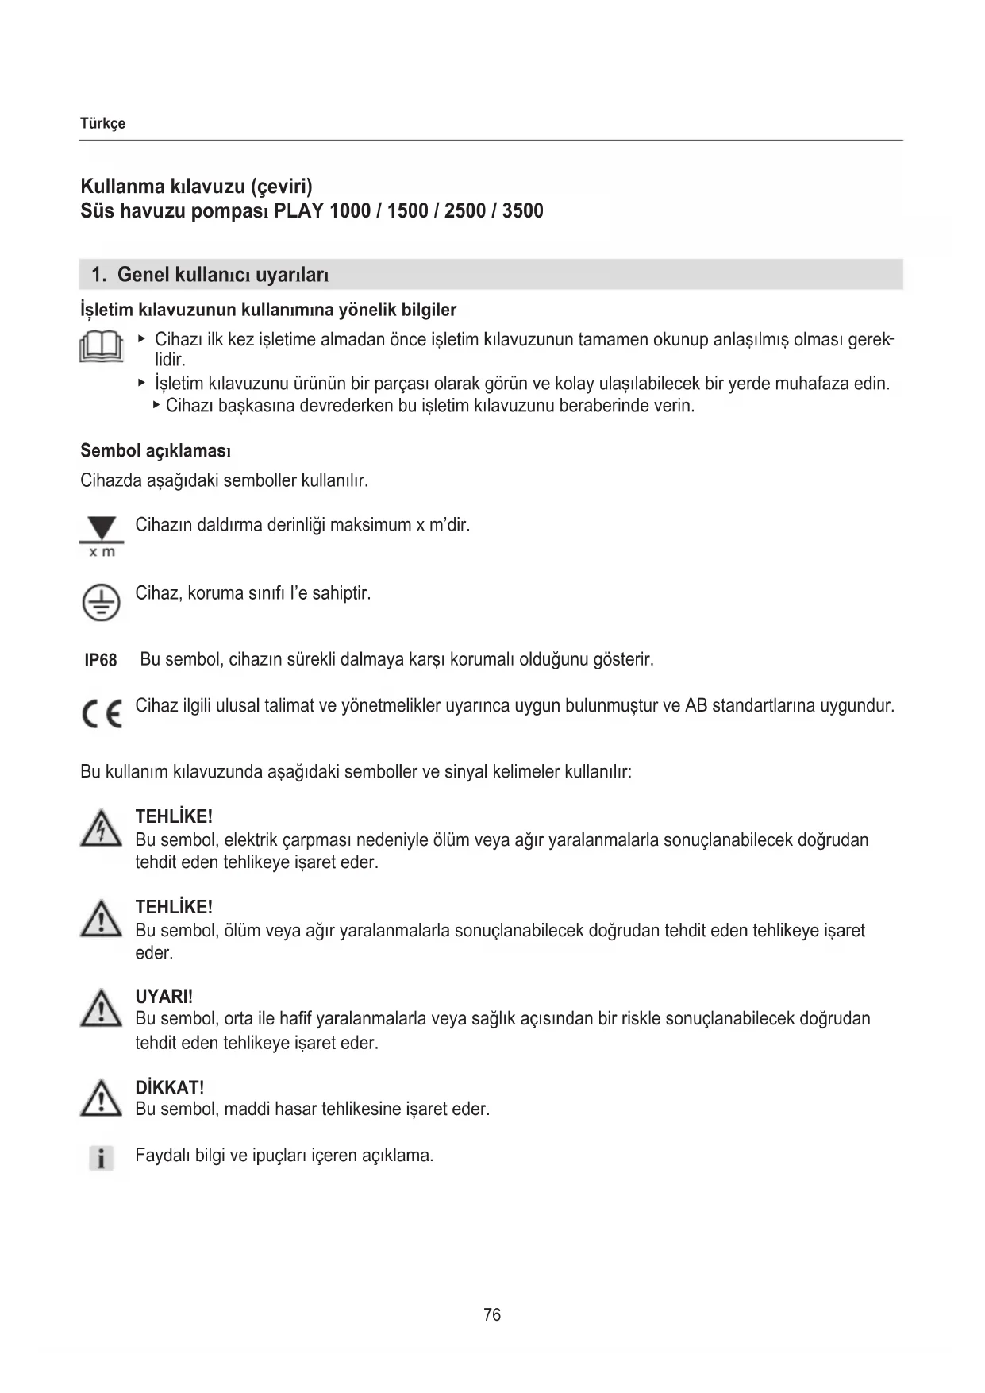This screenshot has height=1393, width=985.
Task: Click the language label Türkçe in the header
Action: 102,124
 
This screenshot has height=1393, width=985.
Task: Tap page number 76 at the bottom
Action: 492,1315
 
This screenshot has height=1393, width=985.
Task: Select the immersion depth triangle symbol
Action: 101,530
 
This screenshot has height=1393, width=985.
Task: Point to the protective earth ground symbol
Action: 101,602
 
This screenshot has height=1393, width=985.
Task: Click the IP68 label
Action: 101,661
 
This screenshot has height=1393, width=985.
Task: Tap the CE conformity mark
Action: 102,714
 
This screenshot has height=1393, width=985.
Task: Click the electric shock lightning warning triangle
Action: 101,828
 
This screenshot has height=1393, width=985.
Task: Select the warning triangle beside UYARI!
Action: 101,1009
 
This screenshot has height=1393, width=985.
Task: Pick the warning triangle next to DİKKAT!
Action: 101,1099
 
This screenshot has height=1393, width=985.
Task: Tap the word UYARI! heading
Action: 164,997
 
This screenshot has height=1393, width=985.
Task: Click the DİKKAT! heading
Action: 170,1087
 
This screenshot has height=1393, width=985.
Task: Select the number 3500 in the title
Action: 522,211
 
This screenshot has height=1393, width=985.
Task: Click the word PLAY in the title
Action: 298,211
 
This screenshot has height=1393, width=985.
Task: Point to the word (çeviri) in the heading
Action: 282,187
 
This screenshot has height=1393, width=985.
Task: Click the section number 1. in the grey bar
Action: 98,276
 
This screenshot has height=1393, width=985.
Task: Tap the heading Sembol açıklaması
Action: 156,451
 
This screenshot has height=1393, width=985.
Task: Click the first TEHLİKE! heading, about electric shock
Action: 174,816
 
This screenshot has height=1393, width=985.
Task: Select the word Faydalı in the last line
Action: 162,1156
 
